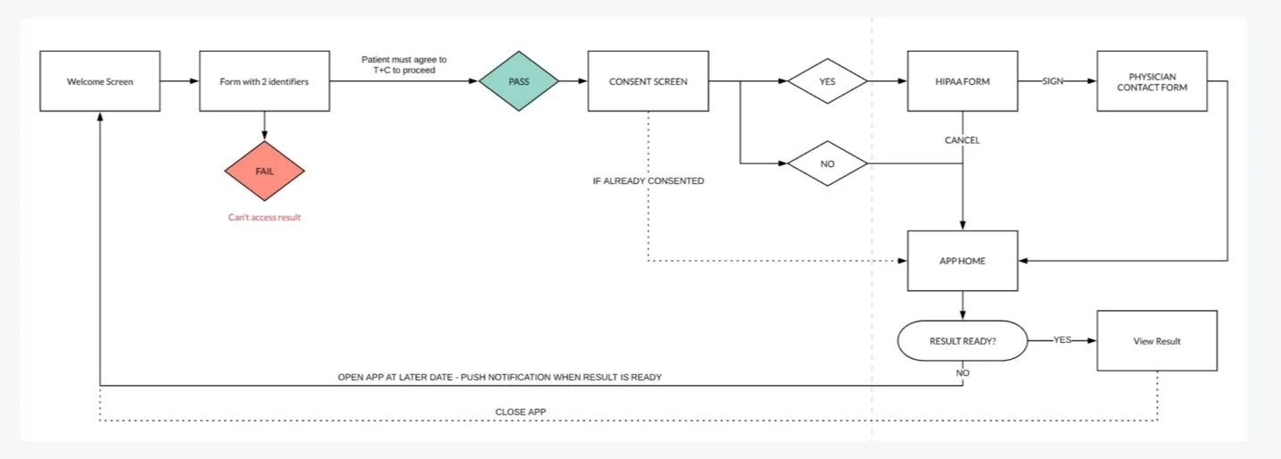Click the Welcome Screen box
pyautogui.click(x=100, y=81)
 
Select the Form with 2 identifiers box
pyautogui.click(x=264, y=81)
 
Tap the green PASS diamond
pyautogui.click(x=518, y=81)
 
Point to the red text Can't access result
pyautogui.click(x=265, y=217)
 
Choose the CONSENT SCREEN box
pyautogui.click(x=648, y=81)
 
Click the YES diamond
pyautogui.click(x=827, y=81)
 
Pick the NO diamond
pyautogui.click(x=827, y=163)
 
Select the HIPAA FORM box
pyautogui.click(x=962, y=81)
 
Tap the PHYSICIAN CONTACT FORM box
pyautogui.click(x=1152, y=81)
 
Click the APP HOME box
pyautogui.click(x=962, y=261)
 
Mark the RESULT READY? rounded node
pyautogui.click(x=962, y=340)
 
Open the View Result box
pyautogui.click(x=1157, y=340)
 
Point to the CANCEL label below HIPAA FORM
pyautogui.click(x=963, y=140)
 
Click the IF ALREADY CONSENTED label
pyautogui.click(x=649, y=181)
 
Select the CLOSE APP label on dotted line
pyautogui.click(x=520, y=412)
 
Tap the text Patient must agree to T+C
pyautogui.click(x=404, y=64)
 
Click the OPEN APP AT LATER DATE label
pyautogui.click(x=500, y=377)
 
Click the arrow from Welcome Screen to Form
pyautogui.click(x=179, y=81)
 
